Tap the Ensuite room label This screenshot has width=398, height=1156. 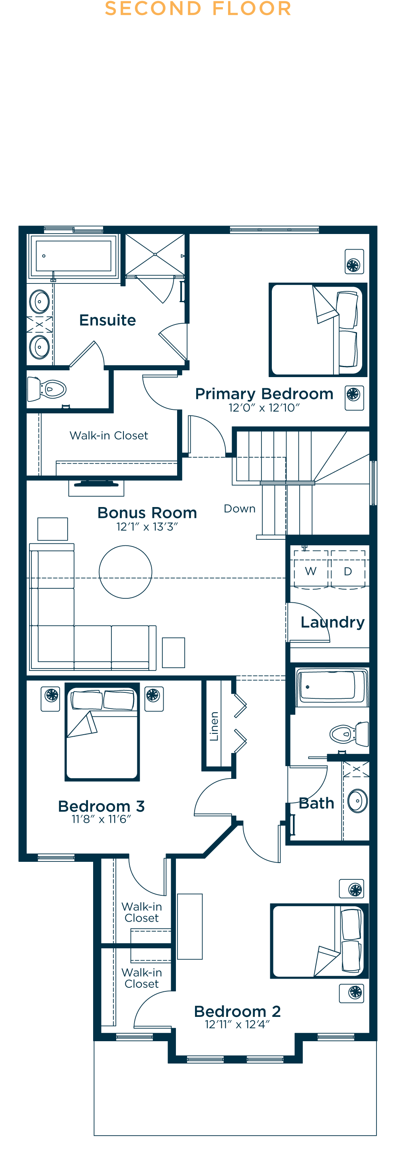107,320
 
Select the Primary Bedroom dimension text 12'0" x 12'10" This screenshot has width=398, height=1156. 263,407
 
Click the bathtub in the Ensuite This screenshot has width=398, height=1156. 74,256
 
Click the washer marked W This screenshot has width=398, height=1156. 310,571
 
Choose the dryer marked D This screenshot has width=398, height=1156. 348,571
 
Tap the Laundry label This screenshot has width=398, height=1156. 333,622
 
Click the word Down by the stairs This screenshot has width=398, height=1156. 240,509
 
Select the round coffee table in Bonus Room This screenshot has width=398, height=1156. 125,572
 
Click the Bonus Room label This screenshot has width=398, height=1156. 147,513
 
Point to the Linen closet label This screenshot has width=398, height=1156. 214,725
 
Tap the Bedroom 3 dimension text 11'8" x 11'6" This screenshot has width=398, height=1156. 101,819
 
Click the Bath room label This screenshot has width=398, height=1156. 316,803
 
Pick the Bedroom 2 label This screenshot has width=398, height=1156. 237,1011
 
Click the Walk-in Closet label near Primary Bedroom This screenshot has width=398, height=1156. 109,435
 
